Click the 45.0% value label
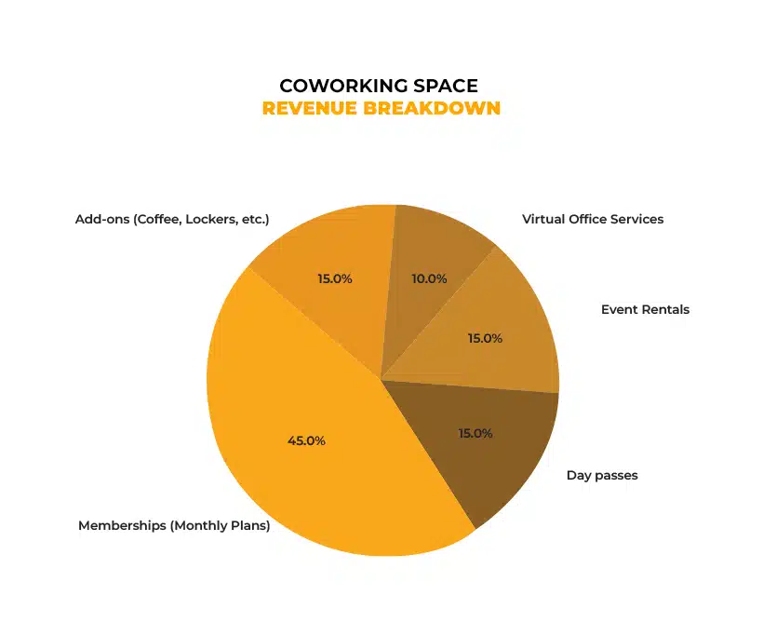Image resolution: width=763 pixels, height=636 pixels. [x=306, y=440]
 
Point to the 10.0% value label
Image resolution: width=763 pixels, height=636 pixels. [x=429, y=278]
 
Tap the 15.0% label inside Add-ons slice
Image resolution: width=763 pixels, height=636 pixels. [x=334, y=278]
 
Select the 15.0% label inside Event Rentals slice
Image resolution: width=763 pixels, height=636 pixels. [x=485, y=339]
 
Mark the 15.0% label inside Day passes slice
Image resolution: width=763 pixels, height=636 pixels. [x=475, y=433]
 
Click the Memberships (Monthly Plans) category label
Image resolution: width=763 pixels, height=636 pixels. [x=174, y=525]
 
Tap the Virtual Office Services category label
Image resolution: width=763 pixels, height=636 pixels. [x=593, y=219]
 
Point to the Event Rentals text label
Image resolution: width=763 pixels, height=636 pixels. [x=645, y=309]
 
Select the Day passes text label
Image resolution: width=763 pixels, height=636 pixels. [x=602, y=475]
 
